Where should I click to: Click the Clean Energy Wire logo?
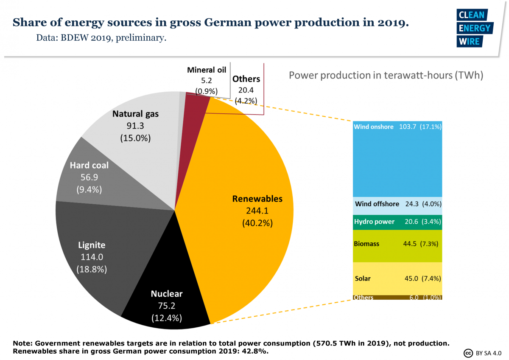[x=474, y=28]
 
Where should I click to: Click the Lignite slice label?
[x=92, y=245]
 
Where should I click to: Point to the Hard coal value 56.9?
[x=89, y=177]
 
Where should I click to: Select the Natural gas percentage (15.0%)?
[x=135, y=138]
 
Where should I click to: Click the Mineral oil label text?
[x=207, y=70]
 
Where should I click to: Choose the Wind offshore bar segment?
[x=397, y=204]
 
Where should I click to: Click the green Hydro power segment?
[x=397, y=222]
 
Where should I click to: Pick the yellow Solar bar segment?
[x=397, y=278]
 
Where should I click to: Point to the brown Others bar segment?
[x=397, y=298]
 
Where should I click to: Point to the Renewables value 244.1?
[x=257, y=211]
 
